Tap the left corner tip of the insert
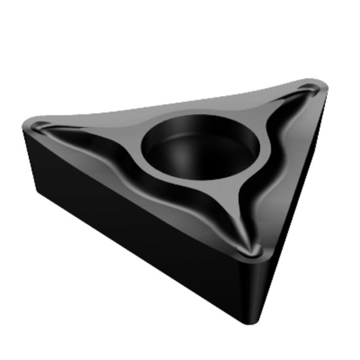(29, 124)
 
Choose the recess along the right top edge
(275, 170)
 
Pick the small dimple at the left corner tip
(43, 126)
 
